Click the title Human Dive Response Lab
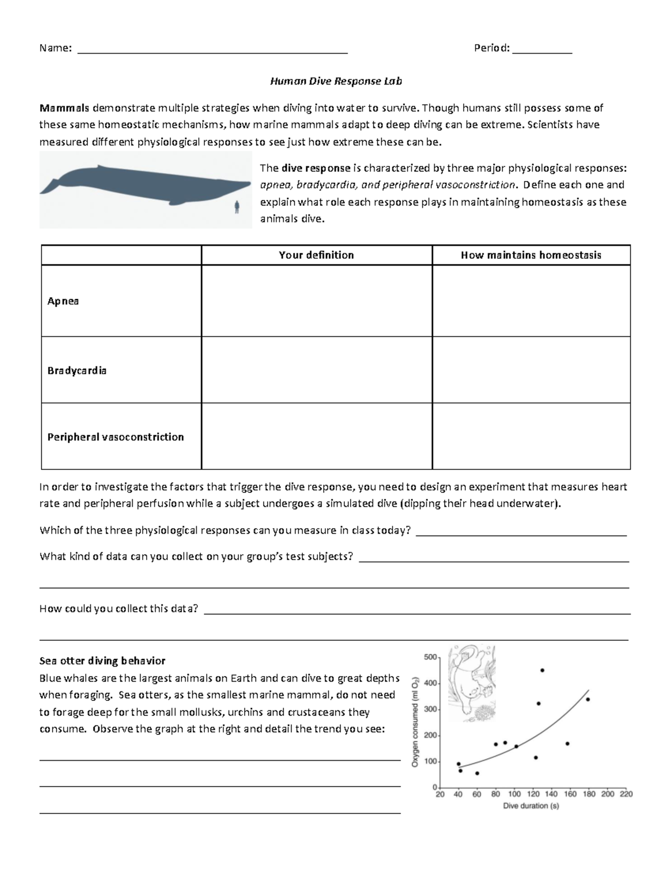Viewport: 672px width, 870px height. [x=336, y=81]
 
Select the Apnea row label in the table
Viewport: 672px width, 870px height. [x=63, y=301]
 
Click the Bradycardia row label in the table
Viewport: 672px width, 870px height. [x=77, y=370]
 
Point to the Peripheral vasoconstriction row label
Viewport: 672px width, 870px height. [x=115, y=437]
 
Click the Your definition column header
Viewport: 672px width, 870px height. [x=316, y=255]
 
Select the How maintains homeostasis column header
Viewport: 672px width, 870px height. [x=531, y=255]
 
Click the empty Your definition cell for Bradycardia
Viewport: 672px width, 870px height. [x=316, y=370]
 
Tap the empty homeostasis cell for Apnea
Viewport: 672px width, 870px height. [x=531, y=301]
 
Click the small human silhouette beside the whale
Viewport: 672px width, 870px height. [x=237, y=207]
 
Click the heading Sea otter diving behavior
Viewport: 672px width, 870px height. [x=102, y=660]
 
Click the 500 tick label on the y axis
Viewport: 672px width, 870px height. [x=430, y=657]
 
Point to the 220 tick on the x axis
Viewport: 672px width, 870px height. [x=626, y=794]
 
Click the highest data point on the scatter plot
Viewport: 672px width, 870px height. [x=542, y=670]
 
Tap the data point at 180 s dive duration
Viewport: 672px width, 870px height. [x=587, y=699]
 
